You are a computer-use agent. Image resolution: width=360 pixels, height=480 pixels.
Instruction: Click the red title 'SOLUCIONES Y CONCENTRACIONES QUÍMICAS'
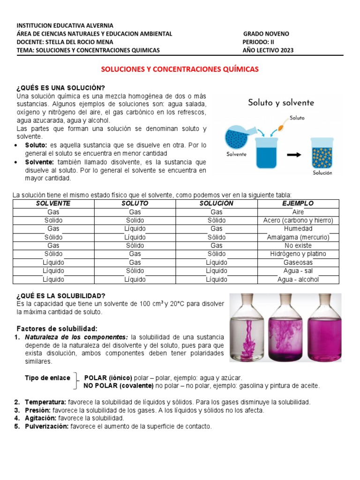[x=180, y=69]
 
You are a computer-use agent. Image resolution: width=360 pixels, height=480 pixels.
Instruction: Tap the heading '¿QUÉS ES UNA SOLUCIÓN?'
[x=61, y=89]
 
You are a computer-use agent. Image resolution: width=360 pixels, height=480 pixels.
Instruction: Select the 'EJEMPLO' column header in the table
[x=298, y=203]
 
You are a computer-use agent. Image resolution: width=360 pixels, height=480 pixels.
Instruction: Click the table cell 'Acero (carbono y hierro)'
[x=298, y=220]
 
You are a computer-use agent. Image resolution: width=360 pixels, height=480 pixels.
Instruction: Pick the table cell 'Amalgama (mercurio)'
[x=298, y=237]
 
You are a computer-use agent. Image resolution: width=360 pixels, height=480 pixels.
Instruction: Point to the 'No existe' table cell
[x=298, y=246]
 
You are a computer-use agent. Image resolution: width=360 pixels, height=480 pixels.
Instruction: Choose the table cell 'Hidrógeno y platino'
[x=298, y=254]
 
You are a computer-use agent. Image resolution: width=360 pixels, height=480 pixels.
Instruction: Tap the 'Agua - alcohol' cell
[x=298, y=279]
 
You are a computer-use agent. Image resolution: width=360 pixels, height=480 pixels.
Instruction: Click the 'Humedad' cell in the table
[x=298, y=229]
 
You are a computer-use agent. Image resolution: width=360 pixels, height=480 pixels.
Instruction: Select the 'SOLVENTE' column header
[x=53, y=203]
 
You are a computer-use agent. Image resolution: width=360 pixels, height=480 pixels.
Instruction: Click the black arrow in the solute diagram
[x=293, y=156]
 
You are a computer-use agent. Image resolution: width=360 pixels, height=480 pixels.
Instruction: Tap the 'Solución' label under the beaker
[x=322, y=173]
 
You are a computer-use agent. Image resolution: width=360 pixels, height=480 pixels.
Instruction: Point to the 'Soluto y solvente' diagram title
[x=281, y=103]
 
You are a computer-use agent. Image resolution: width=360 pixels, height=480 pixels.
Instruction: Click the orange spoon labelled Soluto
[x=283, y=126]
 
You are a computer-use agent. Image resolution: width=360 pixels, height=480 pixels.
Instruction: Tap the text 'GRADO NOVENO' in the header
[x=266, y=34]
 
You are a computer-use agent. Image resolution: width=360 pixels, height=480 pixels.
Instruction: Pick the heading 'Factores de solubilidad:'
[x=57, y=328]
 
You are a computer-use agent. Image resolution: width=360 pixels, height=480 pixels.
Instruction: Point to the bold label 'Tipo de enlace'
[x=47, y=378]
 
